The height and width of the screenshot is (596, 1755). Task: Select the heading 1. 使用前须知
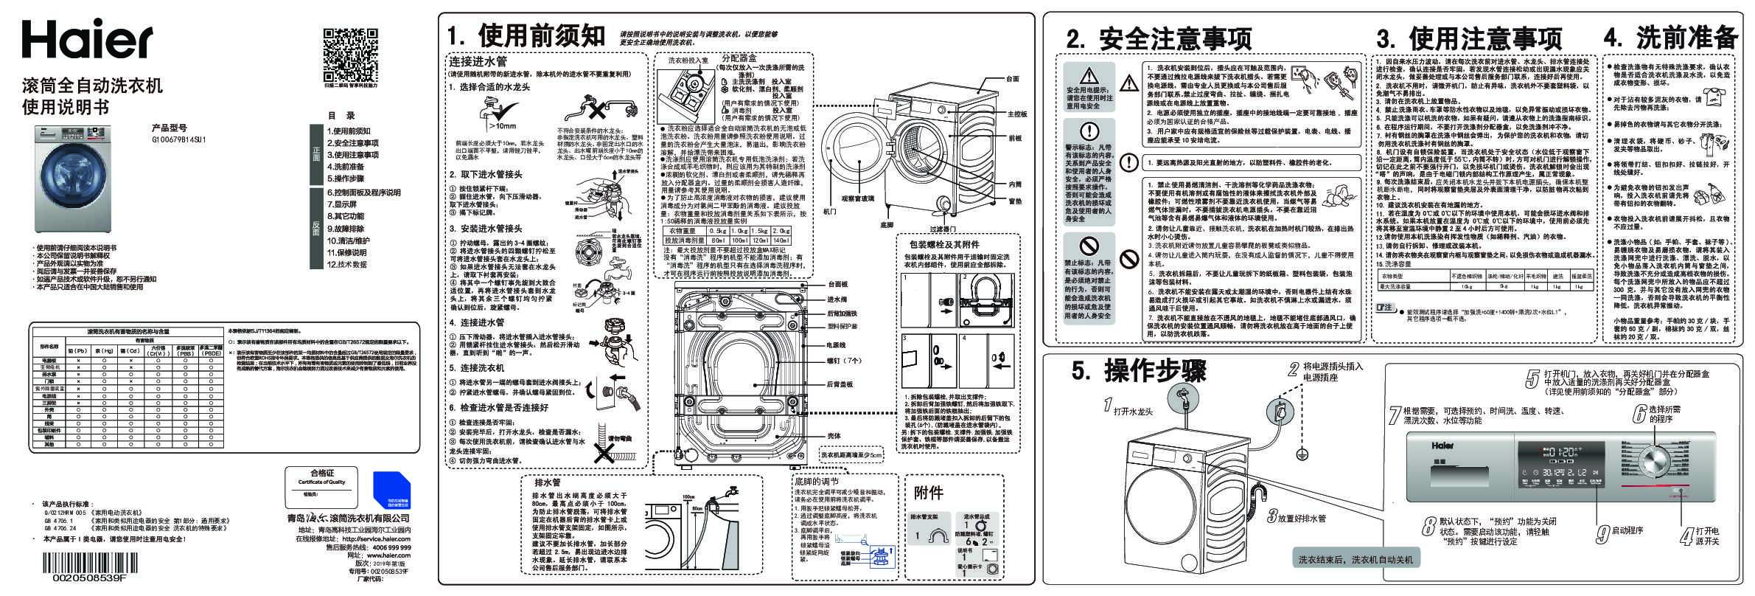(x=526, y=34)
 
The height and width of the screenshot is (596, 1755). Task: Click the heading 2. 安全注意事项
(x=1159, y=38)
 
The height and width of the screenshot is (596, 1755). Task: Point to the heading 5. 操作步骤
(x=1139, y=371)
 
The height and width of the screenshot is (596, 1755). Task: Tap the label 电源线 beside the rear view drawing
(x=836, y=344)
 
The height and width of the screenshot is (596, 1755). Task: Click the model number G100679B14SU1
(x=178, y=138)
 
